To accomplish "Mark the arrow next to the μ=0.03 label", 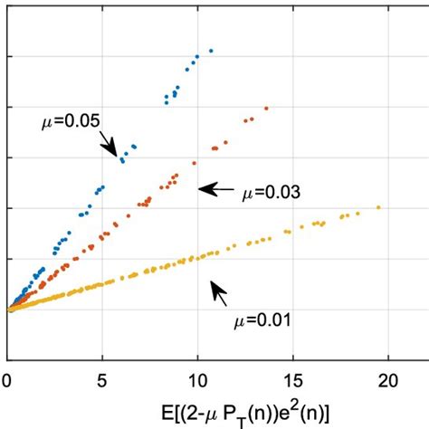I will (x=214, y=188).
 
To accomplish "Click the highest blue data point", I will (x=211, y=51).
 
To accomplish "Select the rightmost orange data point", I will (x=266, y=109).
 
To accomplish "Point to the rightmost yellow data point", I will (x=378, y=207).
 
